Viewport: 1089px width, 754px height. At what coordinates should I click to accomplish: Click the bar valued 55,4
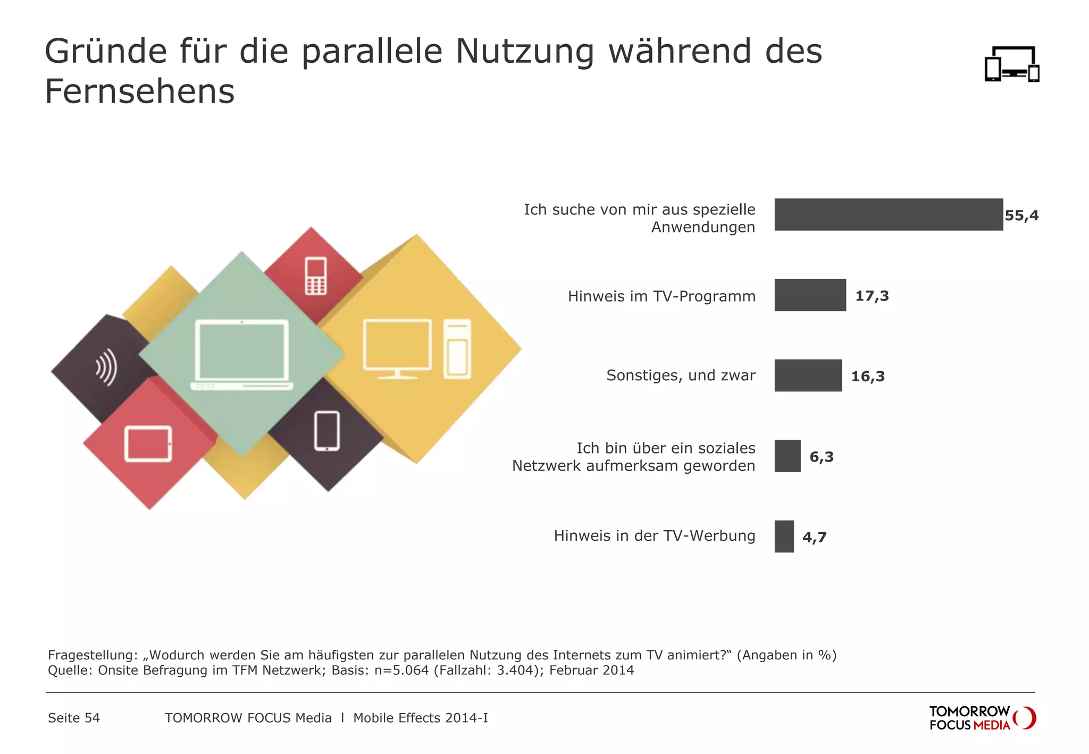(x=888, y=215)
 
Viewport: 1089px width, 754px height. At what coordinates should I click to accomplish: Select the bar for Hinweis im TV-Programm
(x=810, y=295)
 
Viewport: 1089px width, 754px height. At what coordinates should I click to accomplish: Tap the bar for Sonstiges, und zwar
(x=808, y=375)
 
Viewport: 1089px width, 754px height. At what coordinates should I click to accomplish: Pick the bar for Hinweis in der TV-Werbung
(x=784, y=536)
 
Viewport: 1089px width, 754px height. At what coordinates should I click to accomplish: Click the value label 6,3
(x=821, y=457)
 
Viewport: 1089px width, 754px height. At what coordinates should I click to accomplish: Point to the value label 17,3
(x=872, y=296)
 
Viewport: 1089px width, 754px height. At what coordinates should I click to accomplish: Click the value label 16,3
(x=867, y=376)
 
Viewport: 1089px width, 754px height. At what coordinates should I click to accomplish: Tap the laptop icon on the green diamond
(x=242, y=354)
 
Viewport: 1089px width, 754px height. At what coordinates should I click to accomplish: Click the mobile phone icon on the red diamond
(x=315, y=276)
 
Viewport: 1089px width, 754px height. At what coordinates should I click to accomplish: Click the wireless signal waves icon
(x=106, y=367)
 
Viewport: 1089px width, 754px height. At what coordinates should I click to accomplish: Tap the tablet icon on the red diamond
(x=148, y=443)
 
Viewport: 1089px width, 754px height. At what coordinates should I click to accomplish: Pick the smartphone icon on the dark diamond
(x=326, y=431)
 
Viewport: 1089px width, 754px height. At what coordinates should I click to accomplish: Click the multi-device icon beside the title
(x=1011, y=64)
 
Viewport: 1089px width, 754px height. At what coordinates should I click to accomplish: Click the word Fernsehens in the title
(x=139, y=91)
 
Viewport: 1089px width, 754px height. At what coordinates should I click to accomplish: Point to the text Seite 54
(x=74, y=718)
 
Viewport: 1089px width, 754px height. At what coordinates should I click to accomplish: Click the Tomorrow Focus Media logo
(x=982, y=718)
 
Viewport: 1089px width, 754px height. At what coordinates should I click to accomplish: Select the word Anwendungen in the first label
(x=702, y=228)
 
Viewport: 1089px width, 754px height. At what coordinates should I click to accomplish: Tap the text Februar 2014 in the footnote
(x=591, y=670)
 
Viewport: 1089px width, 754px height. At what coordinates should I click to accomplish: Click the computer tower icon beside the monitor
(x=457, y=349)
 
